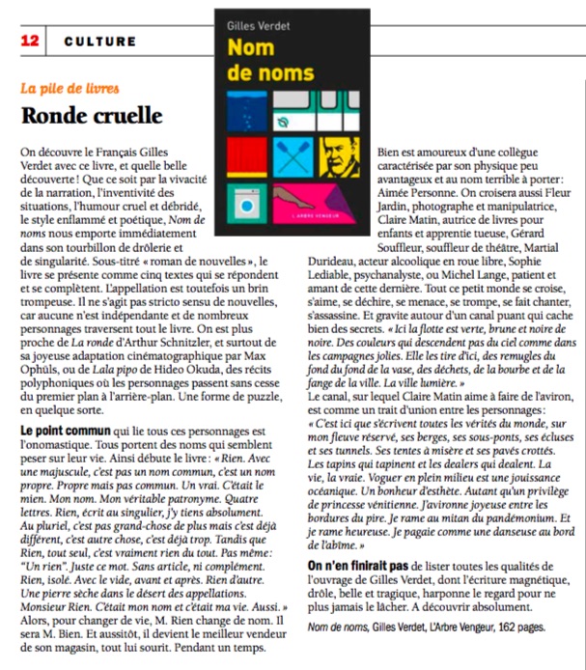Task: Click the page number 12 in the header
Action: click(x=29, y=42)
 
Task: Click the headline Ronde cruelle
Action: click(x=92, y=115)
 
